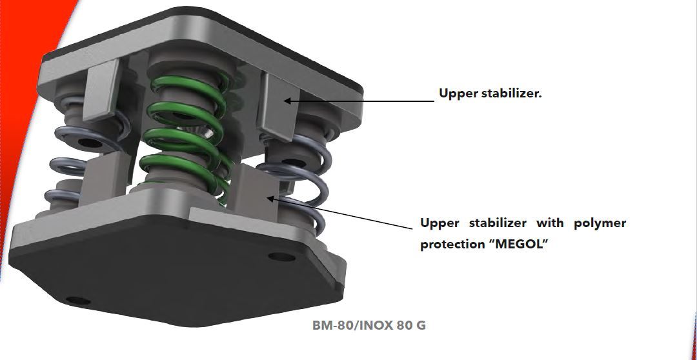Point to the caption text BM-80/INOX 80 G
tap(369, 325)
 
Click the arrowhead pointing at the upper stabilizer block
tap(287, 101)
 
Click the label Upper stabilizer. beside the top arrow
tap(490, 94)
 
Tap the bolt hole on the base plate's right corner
tap(281, 257)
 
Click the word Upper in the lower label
tap(439, 223)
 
